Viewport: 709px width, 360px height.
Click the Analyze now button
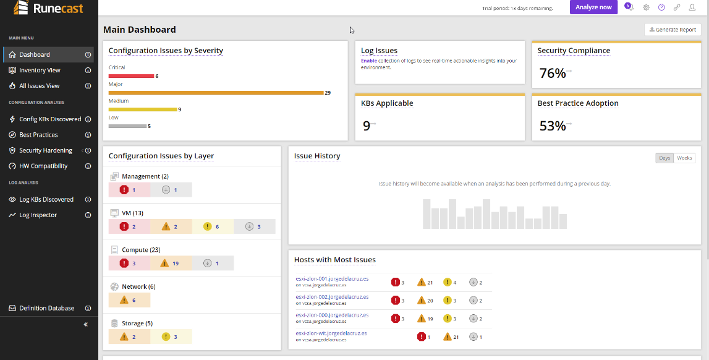pyautogui.click(x=593, y=7)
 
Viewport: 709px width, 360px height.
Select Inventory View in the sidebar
pyautogui.click(x=40, y=70)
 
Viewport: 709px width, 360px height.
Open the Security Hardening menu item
pyautogui.click(x=46, y=150)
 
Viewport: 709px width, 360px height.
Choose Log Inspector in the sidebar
pyautogui.click(x=38, y=215)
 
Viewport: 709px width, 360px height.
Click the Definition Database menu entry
pyautogui.click(x=46, y=308)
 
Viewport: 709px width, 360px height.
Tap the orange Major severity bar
pyautogui.click(x=216, y=93)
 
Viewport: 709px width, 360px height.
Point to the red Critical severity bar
pyautogui.click(x=131, y=76)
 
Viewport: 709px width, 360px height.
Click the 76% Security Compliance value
pyautogui.click(x=553, y=73)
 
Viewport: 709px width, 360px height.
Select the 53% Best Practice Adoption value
pyautogui.click(x=553, y=126)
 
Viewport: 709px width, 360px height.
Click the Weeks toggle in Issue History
pyautogui.click(x=684, y=158)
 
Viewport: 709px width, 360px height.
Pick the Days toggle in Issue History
pyautogui.click(x=664, y=158)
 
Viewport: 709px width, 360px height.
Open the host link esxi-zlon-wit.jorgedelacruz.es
pyautogui.click(x=331, y=333)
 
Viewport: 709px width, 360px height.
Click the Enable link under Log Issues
pyautogui.click(x=368, y=61)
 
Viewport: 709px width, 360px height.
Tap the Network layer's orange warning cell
pyautogui.click(x=129, y=300)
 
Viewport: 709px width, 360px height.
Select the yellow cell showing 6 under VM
pyautogui.click(x=213, y=226)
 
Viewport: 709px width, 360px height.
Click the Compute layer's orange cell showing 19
pyautogui.click(x=171, y=264)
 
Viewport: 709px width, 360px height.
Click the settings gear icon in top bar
pyautogui.click(x=646, y=7)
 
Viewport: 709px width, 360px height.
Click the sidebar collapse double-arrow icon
pyautogui.click(x=86, y=324)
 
